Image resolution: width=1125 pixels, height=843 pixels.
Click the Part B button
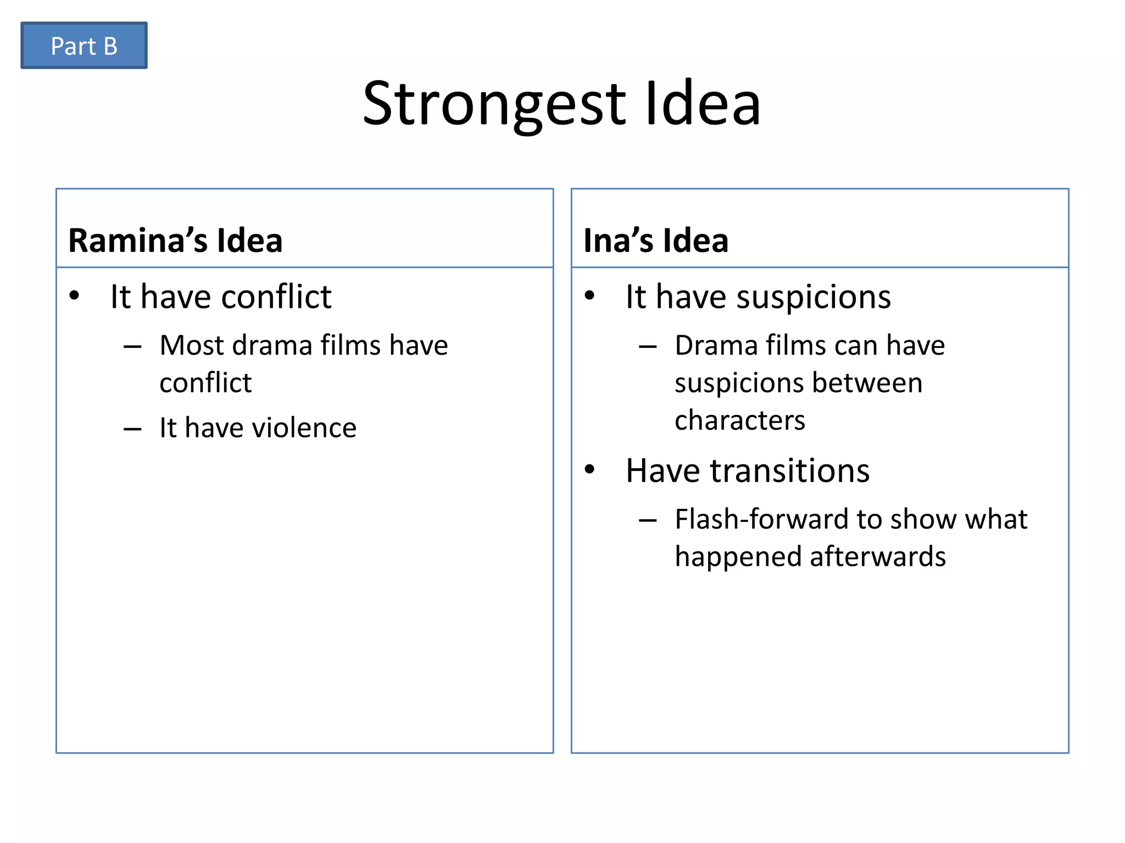(x=84, y=46)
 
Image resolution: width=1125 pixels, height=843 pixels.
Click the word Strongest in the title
(x=494, y=104)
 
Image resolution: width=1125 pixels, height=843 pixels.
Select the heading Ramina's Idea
(x=175, y=240)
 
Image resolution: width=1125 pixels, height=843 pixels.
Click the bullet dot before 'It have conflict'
(x=74, y=296)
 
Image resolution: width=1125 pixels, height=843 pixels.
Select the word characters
(x=739, y=420)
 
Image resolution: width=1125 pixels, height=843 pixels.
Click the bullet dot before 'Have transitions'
(x=589, y=469)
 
